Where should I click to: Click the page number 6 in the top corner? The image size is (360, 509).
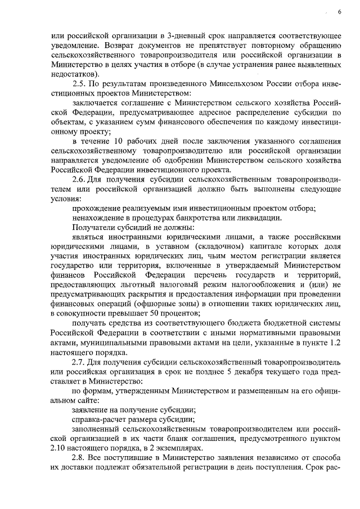tap(339, 12)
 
